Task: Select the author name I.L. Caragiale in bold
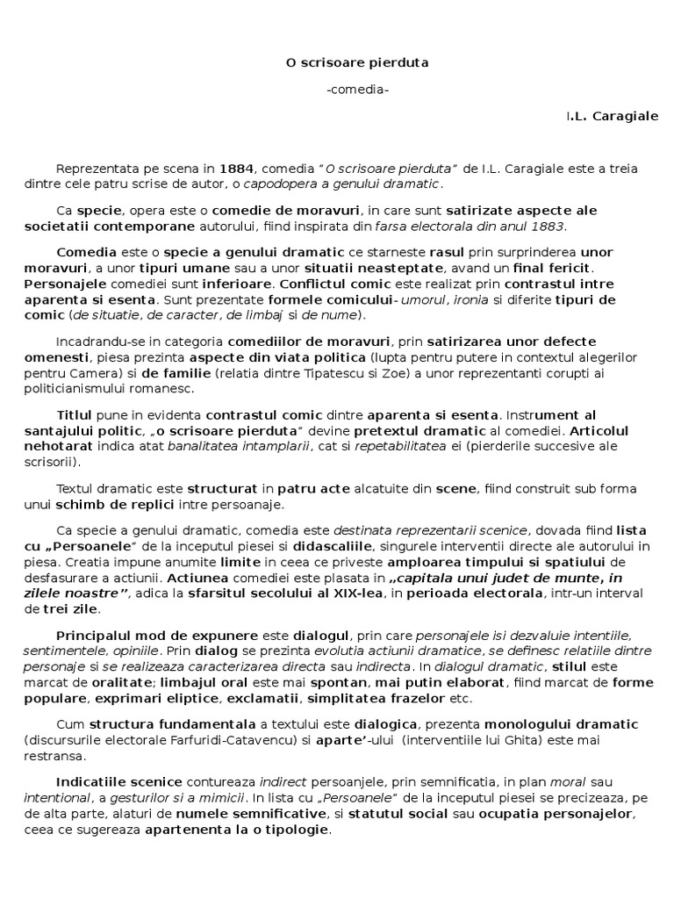(613, 116)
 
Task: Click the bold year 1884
(237, 169)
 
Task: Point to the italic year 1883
(550, 227)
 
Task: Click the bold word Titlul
(75, 414)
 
